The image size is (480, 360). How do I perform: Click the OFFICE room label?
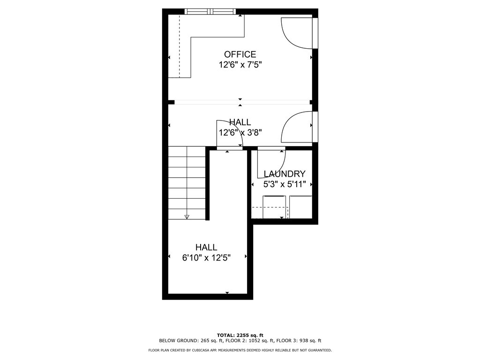[x=240, y=54]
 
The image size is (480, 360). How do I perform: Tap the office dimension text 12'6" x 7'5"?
[x=240, y=65]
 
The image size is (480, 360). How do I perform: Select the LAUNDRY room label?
[x=285, y=174]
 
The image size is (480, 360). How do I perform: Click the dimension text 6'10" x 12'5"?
[x=206, y=257]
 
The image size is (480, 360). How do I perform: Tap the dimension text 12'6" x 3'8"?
[x=240, y=133]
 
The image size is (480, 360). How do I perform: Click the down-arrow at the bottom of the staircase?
[x=187, y=216]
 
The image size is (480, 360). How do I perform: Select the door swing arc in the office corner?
[x=295, y=32]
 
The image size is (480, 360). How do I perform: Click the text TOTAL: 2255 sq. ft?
[x=240, y=335]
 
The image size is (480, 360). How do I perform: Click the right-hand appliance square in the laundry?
[x=300, y=207]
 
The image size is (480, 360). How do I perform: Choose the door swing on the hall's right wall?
[x=296, y=127]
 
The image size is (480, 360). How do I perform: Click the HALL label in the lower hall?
[x=206, y=247]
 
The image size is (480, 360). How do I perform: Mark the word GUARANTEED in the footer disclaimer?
[x=319, y=350]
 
